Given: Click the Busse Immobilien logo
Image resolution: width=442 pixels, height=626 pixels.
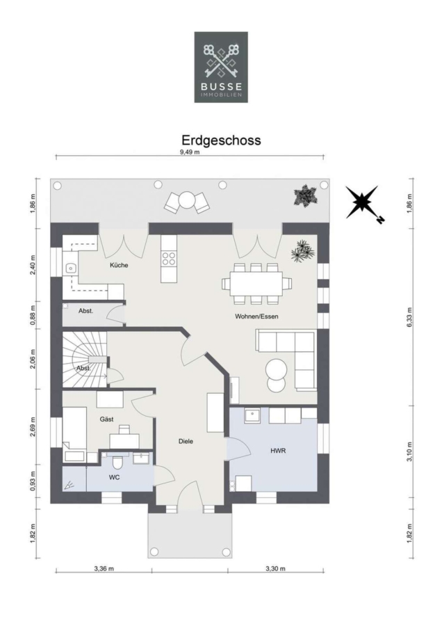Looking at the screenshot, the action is coord(221,67).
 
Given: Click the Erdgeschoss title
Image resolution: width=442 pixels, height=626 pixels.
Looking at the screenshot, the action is coord(221,140).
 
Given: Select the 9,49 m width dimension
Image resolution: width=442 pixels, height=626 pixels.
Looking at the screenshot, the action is coord(190,152).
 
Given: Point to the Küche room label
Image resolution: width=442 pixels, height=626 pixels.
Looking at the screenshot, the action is coord(119,265).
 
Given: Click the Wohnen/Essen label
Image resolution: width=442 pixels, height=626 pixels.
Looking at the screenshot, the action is coord(256,316).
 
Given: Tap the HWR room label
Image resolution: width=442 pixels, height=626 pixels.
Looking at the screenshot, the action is coord(278,451).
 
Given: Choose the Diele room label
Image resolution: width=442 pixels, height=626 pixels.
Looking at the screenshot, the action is coord(186,441).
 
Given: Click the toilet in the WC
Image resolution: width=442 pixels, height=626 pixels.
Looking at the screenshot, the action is coord(117,462).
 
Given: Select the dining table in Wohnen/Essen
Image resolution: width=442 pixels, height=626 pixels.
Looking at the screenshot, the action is coord(257,284).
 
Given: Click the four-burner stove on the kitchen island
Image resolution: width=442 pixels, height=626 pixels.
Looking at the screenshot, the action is coord(168,259).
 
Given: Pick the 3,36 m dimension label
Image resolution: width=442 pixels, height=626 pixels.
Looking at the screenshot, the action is coord(104,568).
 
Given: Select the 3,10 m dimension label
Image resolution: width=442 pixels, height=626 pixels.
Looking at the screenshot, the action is coord(410,451).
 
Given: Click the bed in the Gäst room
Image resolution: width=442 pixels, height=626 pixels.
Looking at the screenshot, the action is coord(74,434).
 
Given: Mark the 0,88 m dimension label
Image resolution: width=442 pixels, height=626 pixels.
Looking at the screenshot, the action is coord(33,315).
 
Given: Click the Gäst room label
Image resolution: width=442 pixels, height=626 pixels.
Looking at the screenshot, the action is coord(106,419).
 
